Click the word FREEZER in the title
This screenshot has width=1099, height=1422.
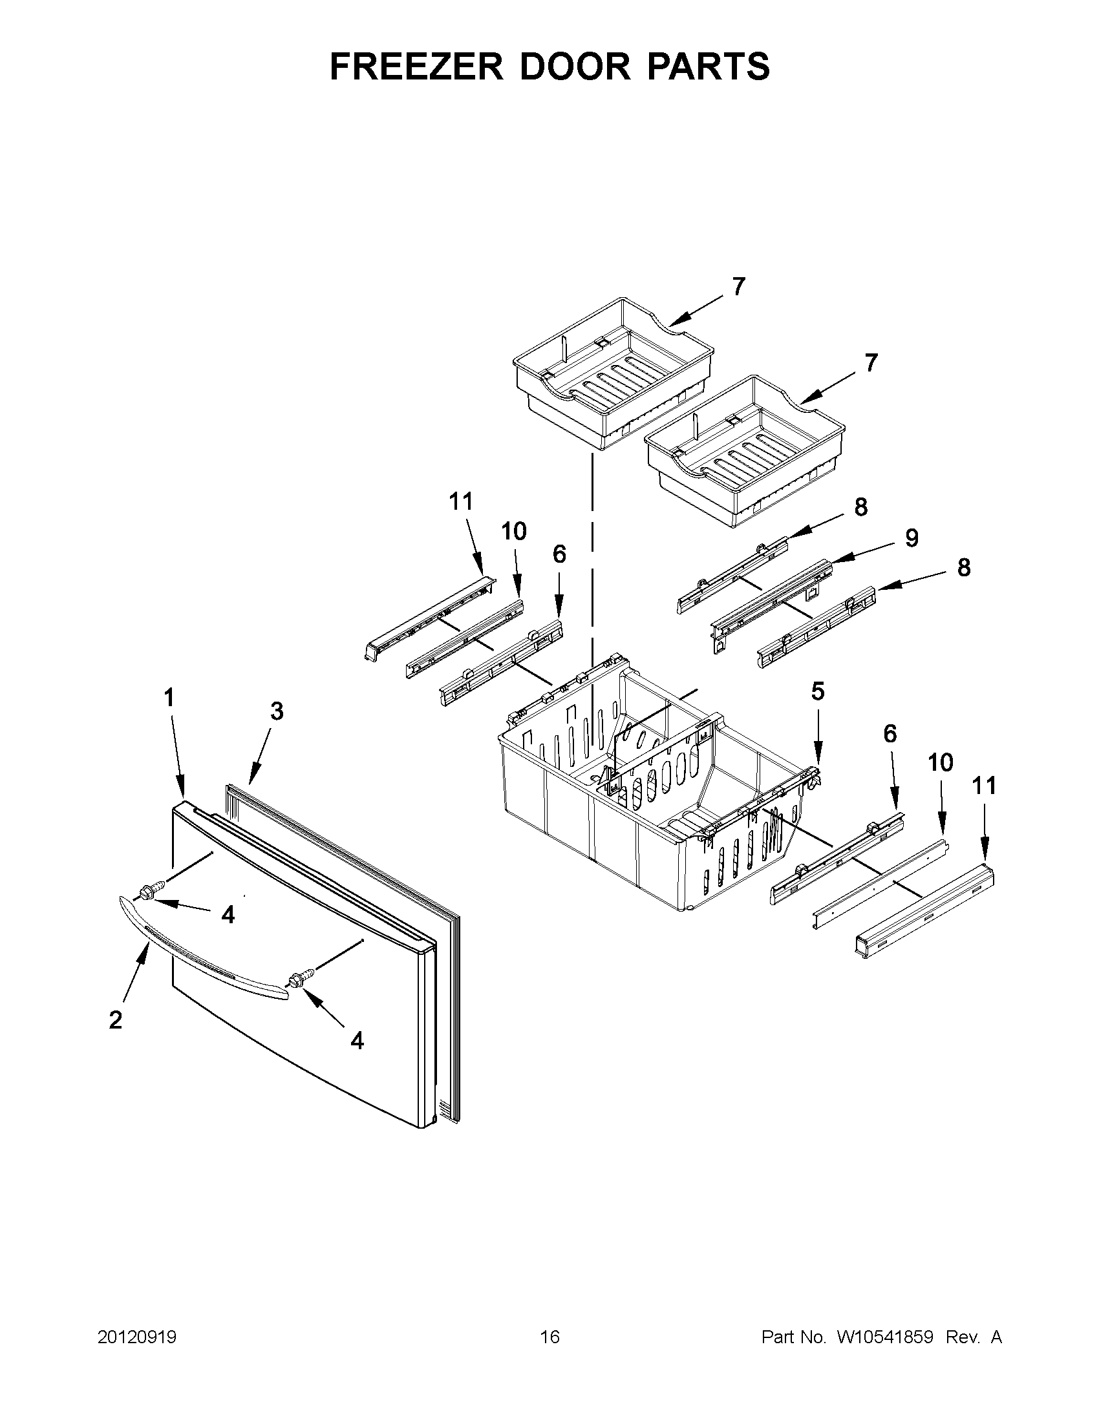(416, 67)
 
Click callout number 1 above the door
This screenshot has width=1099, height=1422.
(169, 698)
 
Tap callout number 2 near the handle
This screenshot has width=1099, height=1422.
(115, 1019)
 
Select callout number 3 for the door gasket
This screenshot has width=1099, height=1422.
(277, 712)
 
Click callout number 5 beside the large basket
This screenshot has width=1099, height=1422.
(818, 691)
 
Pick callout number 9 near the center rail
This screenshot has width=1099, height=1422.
(912, 538)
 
